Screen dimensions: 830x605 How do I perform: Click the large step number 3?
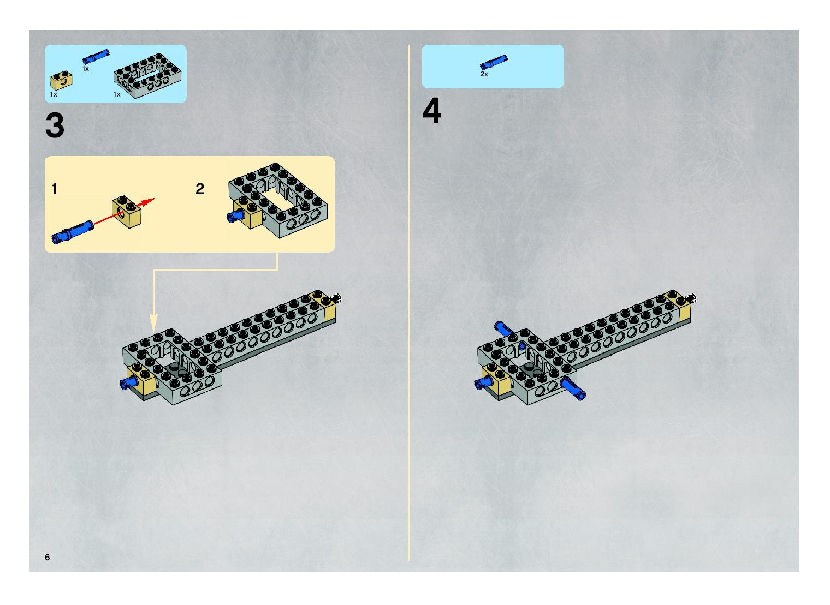(x=55, y=126)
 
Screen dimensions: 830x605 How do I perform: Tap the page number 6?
(x=47, y=557)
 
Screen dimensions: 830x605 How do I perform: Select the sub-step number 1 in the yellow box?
(x=54, y=189)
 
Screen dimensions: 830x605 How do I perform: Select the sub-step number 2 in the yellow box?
(x=200, y=189)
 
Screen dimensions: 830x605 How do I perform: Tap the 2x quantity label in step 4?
(x=484, y=74)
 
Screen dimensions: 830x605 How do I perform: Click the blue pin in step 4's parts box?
(x=494, y=62)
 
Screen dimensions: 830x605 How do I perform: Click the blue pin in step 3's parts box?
(x=96, y=55)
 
